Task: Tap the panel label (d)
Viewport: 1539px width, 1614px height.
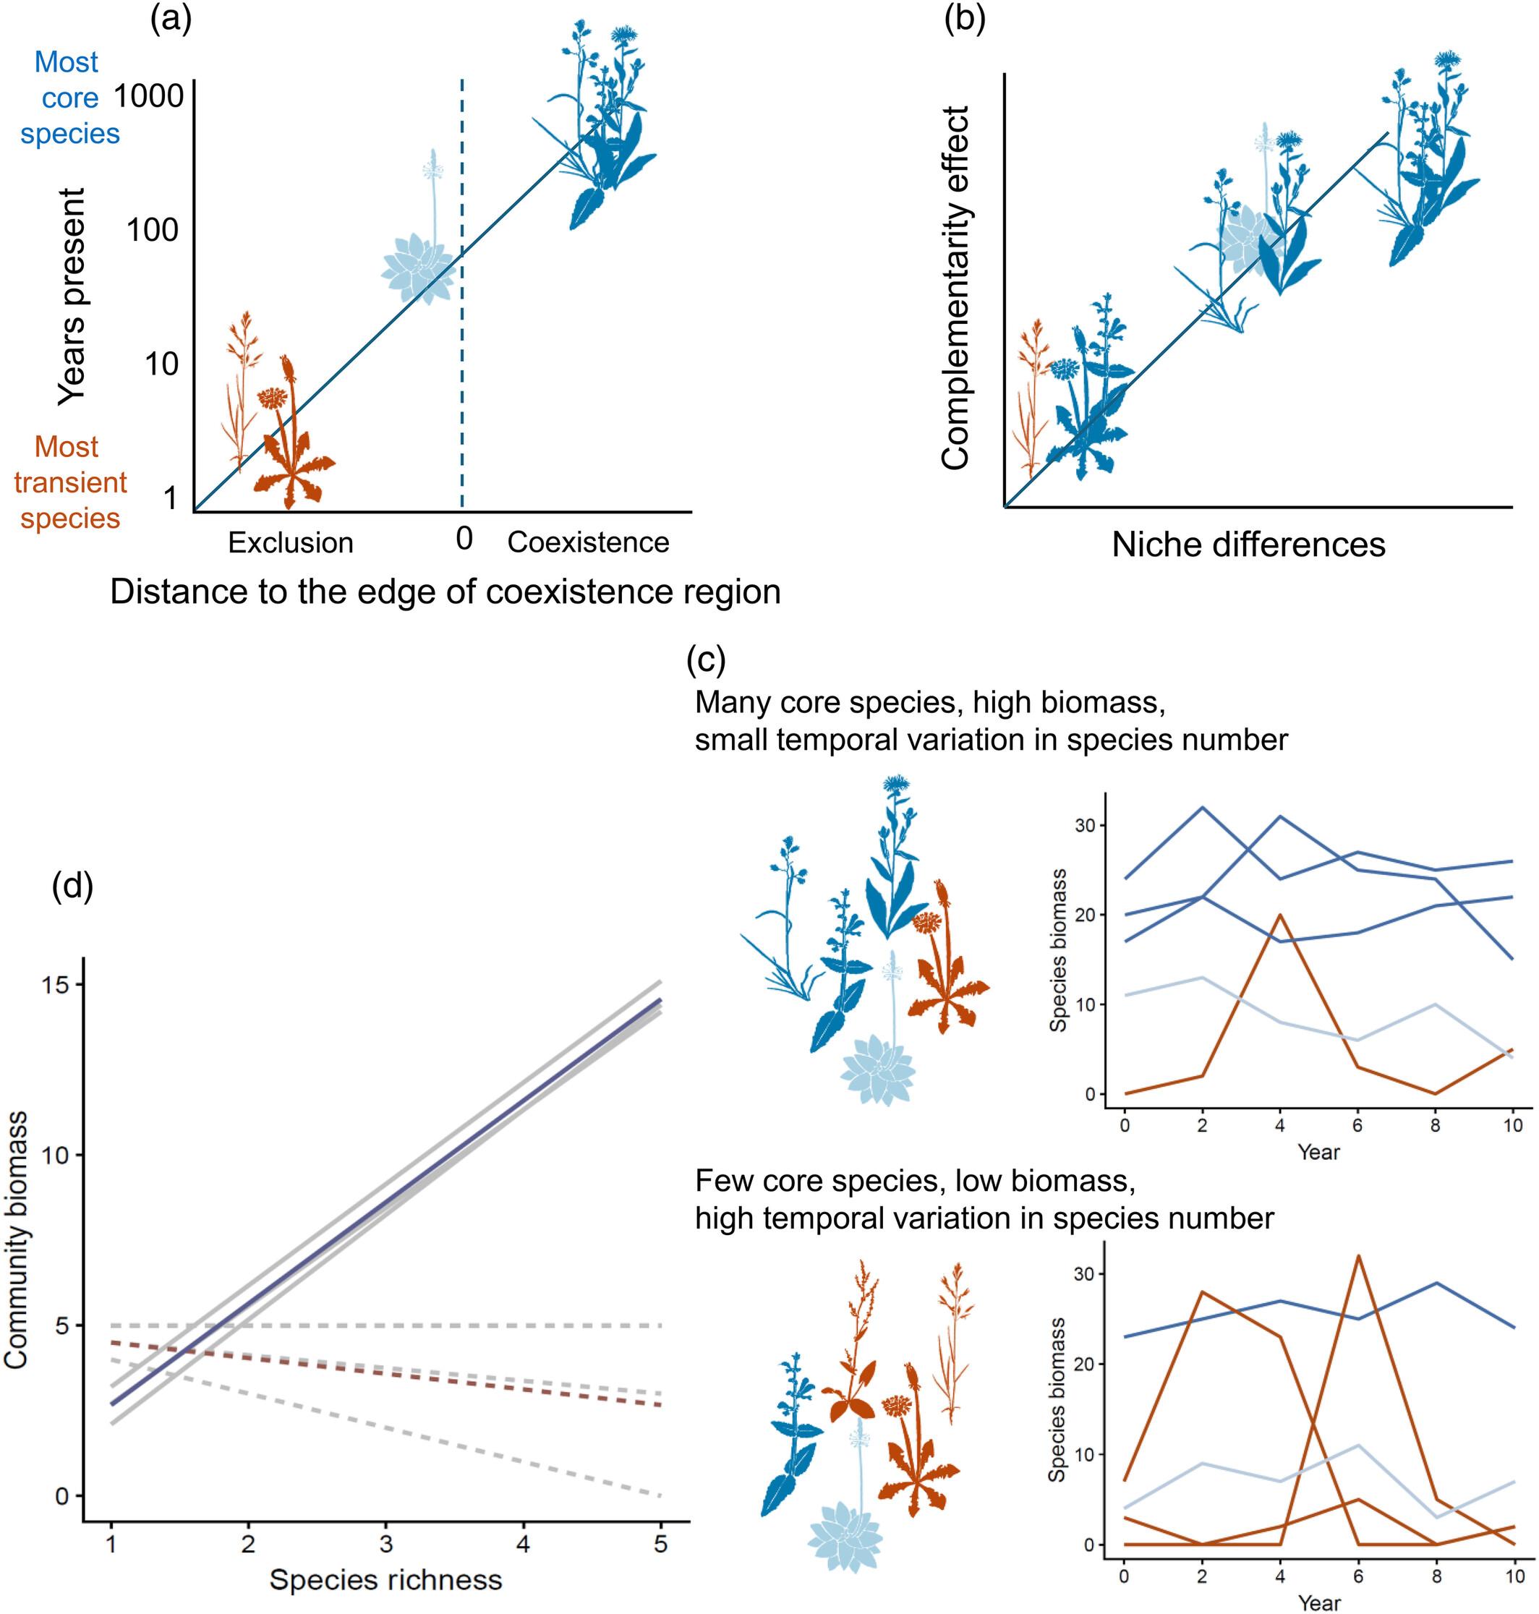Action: pos(72,887)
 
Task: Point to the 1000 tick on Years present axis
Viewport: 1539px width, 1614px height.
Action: pos(148,97)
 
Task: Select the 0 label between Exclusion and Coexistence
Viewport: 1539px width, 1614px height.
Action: pos(464,539)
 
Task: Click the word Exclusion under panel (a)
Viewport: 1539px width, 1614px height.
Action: pos(291,543)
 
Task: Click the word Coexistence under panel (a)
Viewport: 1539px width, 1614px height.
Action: pos(588,542)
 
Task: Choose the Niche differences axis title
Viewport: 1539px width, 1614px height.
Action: pos(1248,545)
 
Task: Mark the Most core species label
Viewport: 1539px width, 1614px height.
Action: pos(69,98)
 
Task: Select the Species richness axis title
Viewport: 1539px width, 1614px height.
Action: pos(385,1579)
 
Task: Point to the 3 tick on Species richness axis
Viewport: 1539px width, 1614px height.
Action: pos(385,1545)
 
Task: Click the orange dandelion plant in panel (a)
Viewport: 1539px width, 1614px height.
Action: pos(289,443)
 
